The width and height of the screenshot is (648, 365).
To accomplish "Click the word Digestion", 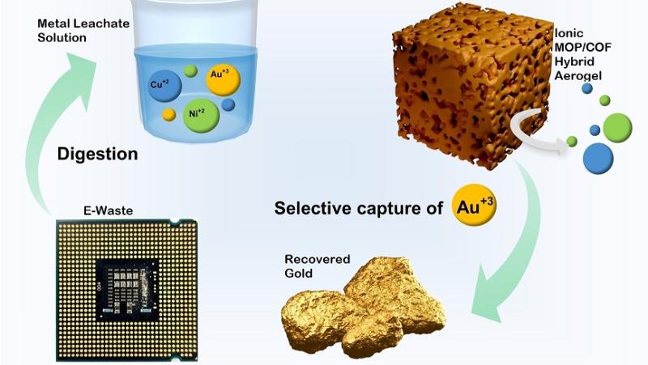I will pyautogui.click(x=97, y=154).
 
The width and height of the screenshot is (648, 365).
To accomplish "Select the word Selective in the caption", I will pyautogui.click(x=311, y=208).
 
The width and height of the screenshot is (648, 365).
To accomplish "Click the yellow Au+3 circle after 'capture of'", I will pyautogui.click(x=472, y=207).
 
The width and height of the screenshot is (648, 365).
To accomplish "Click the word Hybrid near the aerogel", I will pyautogui.click(x=576, y=62).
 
